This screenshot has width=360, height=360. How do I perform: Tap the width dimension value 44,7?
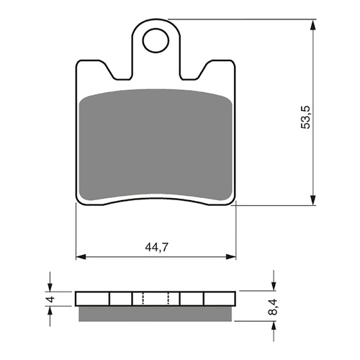156,246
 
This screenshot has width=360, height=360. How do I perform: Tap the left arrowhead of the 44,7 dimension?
81,256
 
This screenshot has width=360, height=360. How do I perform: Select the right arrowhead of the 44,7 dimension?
232,256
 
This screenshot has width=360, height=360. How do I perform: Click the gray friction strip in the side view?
156,313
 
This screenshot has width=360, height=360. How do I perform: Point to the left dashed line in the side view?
143,299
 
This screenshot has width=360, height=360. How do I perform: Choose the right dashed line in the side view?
168,299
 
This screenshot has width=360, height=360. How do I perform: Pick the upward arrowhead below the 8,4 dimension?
273,325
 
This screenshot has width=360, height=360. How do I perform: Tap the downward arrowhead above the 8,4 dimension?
273,286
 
